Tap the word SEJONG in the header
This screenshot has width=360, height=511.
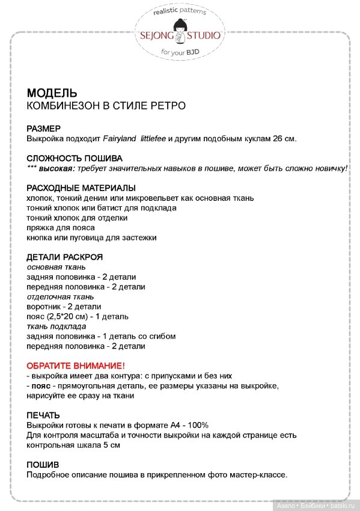pyautogui.click(x=154, y=35)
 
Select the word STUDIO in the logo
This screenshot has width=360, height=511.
pyautogui.click(x=205, y=35)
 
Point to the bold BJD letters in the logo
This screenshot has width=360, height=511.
pyautogui.click(x=192, y=52)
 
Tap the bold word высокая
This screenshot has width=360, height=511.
pyautogui.click(x=57, y=168)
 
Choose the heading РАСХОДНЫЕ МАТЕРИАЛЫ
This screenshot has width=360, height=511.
pyautogui.click(x=81, y=188)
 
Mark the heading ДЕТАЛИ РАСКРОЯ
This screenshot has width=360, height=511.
pyautogui.click(x=65, y=257)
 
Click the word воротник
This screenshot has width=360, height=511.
pyautogui.click(x=44, y=307)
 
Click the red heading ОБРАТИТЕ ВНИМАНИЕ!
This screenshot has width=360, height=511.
pyautogui.click(x=76, y=366)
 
